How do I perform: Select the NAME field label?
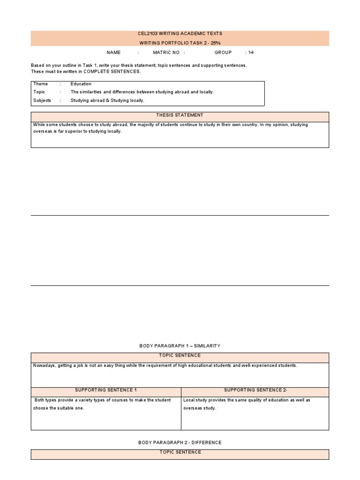113,52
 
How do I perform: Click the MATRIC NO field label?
166,52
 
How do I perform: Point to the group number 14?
251,52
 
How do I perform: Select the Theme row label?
40,84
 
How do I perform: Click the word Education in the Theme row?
81,84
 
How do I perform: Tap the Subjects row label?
42,100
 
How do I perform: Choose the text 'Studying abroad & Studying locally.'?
107,100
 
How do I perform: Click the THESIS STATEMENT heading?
180,115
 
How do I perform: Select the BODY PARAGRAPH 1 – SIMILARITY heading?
180,346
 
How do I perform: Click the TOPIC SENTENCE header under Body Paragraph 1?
180,356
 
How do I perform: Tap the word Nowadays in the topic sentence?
44,366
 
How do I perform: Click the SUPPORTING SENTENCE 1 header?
106,390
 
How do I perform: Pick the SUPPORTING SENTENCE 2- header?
255,390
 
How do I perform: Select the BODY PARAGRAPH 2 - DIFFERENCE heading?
180,442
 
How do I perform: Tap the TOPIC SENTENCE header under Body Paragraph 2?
180,452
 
